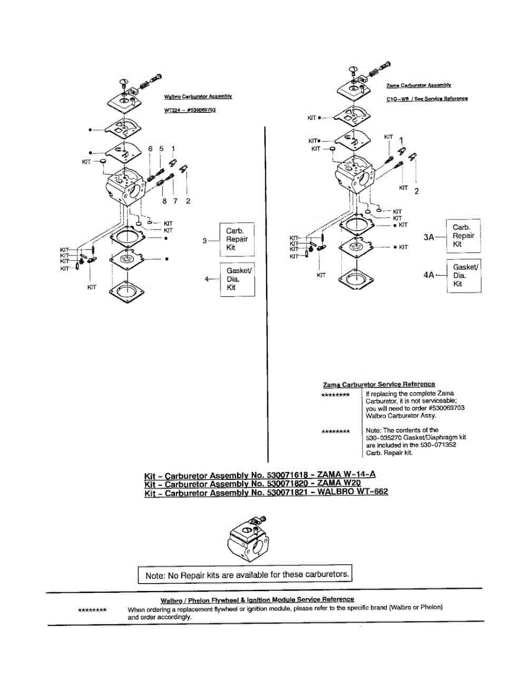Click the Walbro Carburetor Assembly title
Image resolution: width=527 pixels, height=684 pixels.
tap(197, 97)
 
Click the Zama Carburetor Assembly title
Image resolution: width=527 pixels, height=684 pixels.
tap(419, 85)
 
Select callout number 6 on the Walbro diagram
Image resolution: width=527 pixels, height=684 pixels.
tap(150, 149)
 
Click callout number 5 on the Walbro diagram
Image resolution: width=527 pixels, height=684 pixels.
tap(161, 149)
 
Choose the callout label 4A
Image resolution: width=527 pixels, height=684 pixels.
tap(429, 275)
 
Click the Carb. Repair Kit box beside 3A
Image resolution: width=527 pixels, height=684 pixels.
tap(463, 236)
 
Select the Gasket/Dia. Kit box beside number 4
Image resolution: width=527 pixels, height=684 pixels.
tap(237, 279)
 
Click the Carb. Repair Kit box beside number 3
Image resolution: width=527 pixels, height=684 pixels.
tap(237, 239)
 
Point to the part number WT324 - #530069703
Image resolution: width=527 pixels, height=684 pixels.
tap(189, 109)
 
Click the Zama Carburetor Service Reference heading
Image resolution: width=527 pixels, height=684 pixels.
tap(378, 384)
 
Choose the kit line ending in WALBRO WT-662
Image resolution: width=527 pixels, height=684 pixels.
tap(266, 492)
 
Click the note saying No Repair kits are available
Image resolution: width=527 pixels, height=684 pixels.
tap(246, 575)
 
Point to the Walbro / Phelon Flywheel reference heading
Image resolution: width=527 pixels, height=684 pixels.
tap(257, 599)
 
